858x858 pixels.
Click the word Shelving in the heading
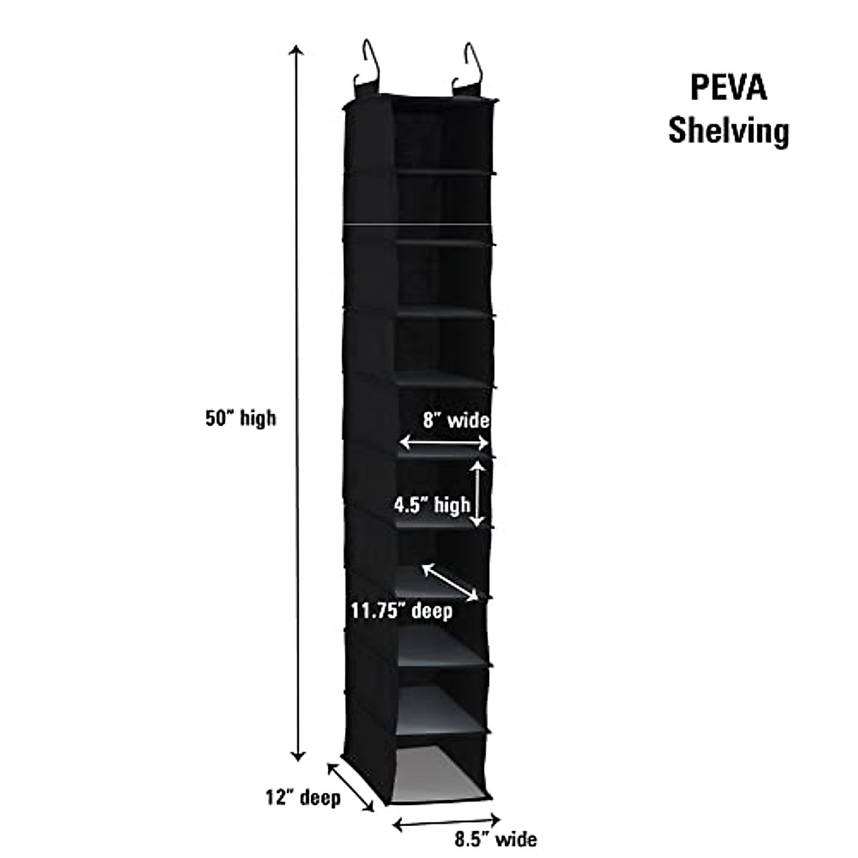tap(728, 132)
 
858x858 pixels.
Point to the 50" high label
tap(240, 418)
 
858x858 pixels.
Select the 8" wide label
tap(455, 420)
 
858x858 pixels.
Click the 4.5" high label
tap(432, 506)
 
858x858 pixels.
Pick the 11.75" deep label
tap(401, 611)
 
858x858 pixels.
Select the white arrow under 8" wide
tap(444, 443)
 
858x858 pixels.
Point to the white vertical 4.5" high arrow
tap(478, 493)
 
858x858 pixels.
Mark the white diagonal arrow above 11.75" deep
tap(450, 581)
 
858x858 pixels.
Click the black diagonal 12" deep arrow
tap(350, 786)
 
